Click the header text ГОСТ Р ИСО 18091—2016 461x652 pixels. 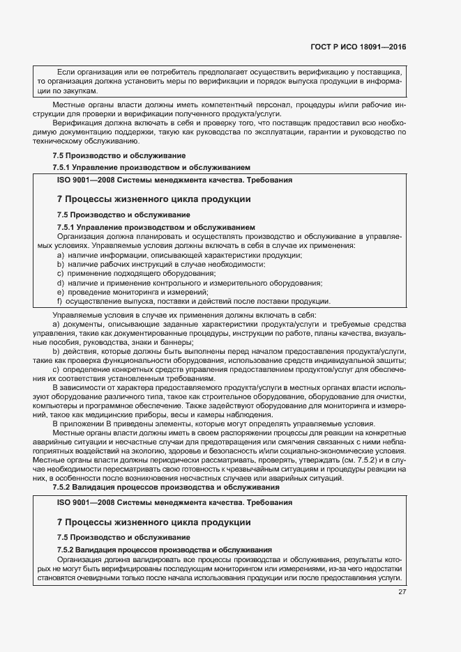(x=358, y=48)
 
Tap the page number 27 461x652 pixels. (x=402, y=593)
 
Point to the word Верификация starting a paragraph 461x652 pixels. (x=76, y=123)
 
